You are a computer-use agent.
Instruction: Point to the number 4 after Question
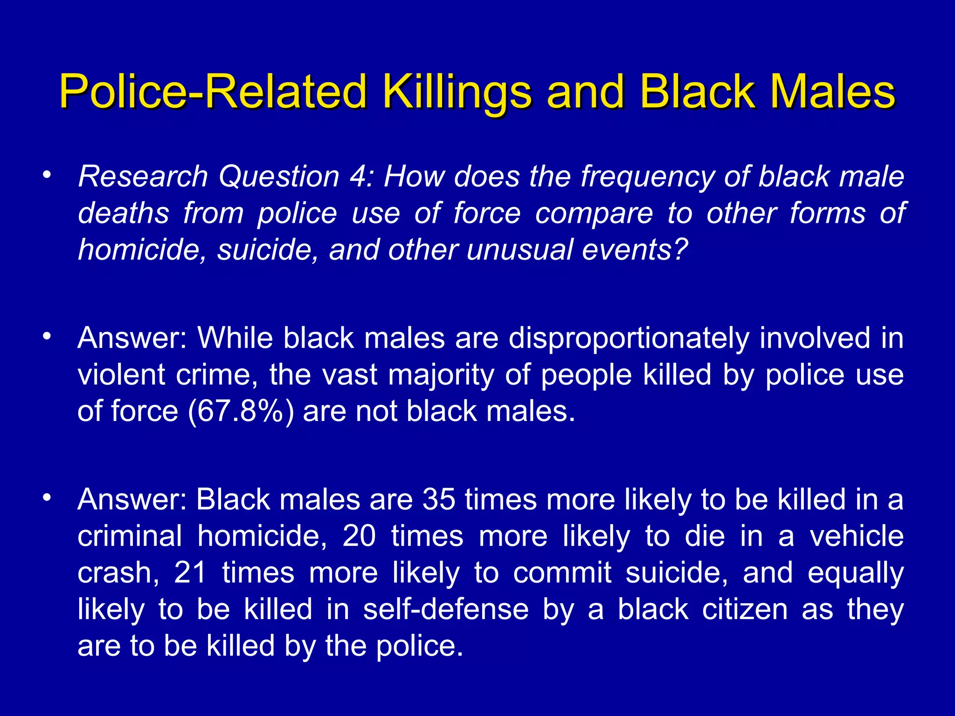pos(360,177)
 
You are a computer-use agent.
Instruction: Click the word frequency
pos(647,178)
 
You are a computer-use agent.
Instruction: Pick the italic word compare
pos(594,214)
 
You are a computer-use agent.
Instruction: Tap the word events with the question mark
pos(635,250)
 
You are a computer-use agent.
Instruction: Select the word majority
pos(441,375)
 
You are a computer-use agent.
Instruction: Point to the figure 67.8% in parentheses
pos(241,412)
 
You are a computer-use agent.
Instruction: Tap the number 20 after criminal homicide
pos(359,536)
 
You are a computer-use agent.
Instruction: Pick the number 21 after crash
pos(190,573)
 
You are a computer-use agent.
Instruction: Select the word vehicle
pos(857,536)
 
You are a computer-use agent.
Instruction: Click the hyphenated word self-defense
pos(446,609)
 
